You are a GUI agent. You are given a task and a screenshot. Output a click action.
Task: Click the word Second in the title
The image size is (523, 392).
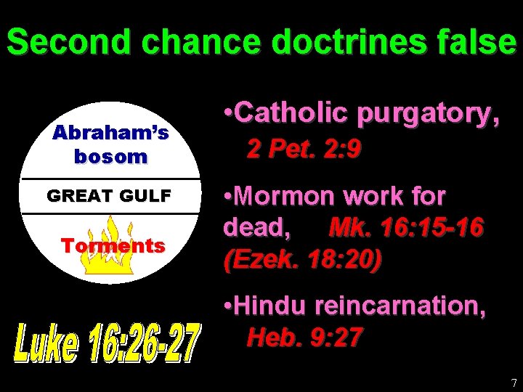70,42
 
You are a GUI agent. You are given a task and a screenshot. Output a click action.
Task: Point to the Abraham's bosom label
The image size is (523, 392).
110,144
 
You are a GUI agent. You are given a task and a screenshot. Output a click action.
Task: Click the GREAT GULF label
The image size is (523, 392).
109,196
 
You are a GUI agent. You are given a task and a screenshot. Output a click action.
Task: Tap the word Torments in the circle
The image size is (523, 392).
113,245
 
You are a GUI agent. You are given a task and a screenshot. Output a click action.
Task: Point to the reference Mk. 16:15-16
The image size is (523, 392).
406,228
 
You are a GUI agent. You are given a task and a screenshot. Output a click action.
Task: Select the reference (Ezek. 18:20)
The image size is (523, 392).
302,259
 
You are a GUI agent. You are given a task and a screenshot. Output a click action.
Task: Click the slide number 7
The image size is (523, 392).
514,383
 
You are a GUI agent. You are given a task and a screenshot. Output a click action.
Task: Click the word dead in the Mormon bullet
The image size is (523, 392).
254,228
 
